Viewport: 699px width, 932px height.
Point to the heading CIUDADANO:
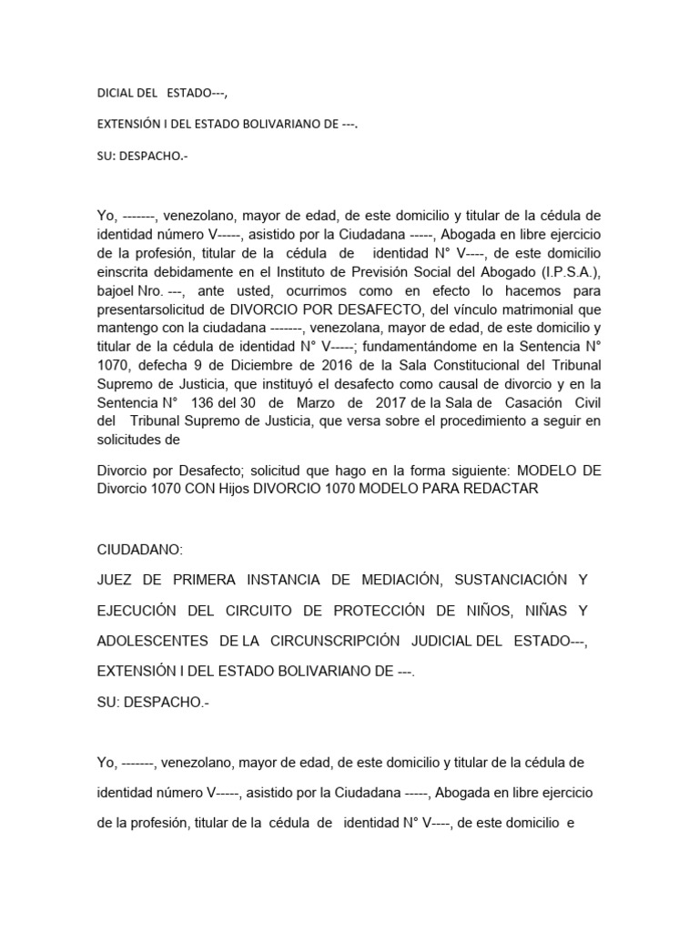click(x=139, y=550)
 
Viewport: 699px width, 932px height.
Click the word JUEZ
click(x=117, y=580)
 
